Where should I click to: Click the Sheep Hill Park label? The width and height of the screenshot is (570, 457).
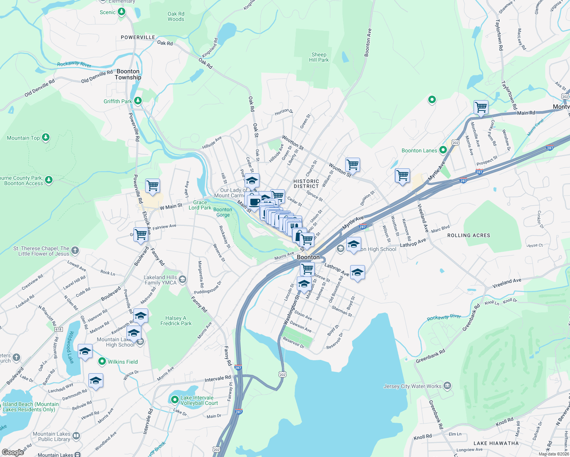tap(319, 57)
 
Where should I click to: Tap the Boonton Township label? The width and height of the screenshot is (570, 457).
tap(128, 74)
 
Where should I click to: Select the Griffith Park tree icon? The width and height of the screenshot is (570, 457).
tap(138, 101)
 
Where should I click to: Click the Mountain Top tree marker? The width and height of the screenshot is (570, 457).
tap(46, 137)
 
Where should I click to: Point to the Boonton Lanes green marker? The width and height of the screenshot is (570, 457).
tap(443, 150)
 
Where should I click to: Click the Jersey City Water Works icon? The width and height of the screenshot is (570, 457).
tap(447, 386)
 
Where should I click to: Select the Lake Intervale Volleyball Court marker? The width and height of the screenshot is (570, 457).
tap(175, 400)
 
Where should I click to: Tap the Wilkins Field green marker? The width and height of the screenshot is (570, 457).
tap(102, 361)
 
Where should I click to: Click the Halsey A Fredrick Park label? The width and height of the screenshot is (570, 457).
tap(176, 321)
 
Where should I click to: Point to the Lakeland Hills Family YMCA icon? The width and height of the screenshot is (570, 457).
tap(182, 280)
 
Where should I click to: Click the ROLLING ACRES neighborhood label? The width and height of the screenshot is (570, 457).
tap(469, 235)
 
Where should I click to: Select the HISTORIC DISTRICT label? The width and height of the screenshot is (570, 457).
tap(306, 184)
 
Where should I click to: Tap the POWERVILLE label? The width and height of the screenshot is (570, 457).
tap(138, 37)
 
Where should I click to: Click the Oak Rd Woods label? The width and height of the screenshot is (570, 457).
tap(176, 16)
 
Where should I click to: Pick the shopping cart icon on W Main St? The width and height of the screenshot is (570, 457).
tap(152, 186)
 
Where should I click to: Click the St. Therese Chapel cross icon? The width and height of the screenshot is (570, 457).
tap(75, 250)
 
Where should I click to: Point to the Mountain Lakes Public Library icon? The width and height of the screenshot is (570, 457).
tap(76, 436)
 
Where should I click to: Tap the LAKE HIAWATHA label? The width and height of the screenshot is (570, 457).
tap(496, 443)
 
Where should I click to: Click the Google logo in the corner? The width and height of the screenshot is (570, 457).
tap(13, 452)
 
